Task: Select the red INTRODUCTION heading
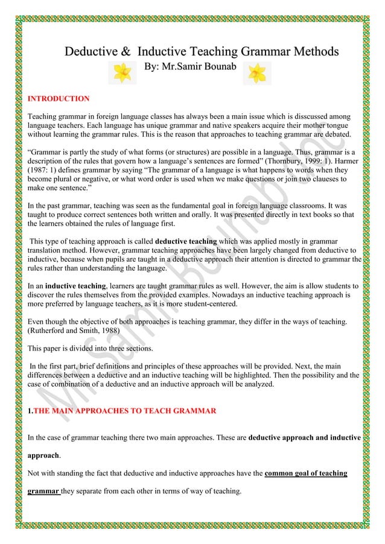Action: pos(59,98)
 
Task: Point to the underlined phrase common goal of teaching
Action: pos(306,473)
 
